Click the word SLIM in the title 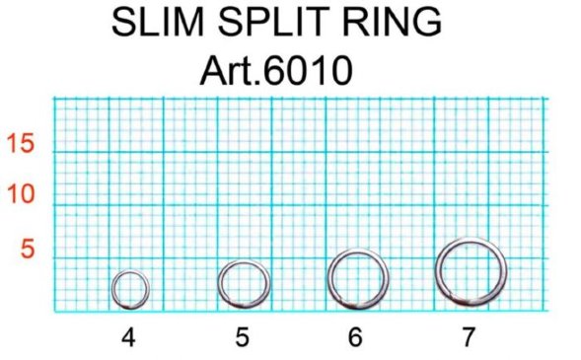click(x=158, y=22)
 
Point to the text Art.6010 click(x=276, y=70)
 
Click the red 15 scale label click(x=21, y=143)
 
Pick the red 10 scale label click(x=21, y=193)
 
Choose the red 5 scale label click(x=28, y=249)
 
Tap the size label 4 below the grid click(x=128, y=337)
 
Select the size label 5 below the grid click(x=243, y=337)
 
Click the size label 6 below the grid click(x=355, y=337)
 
